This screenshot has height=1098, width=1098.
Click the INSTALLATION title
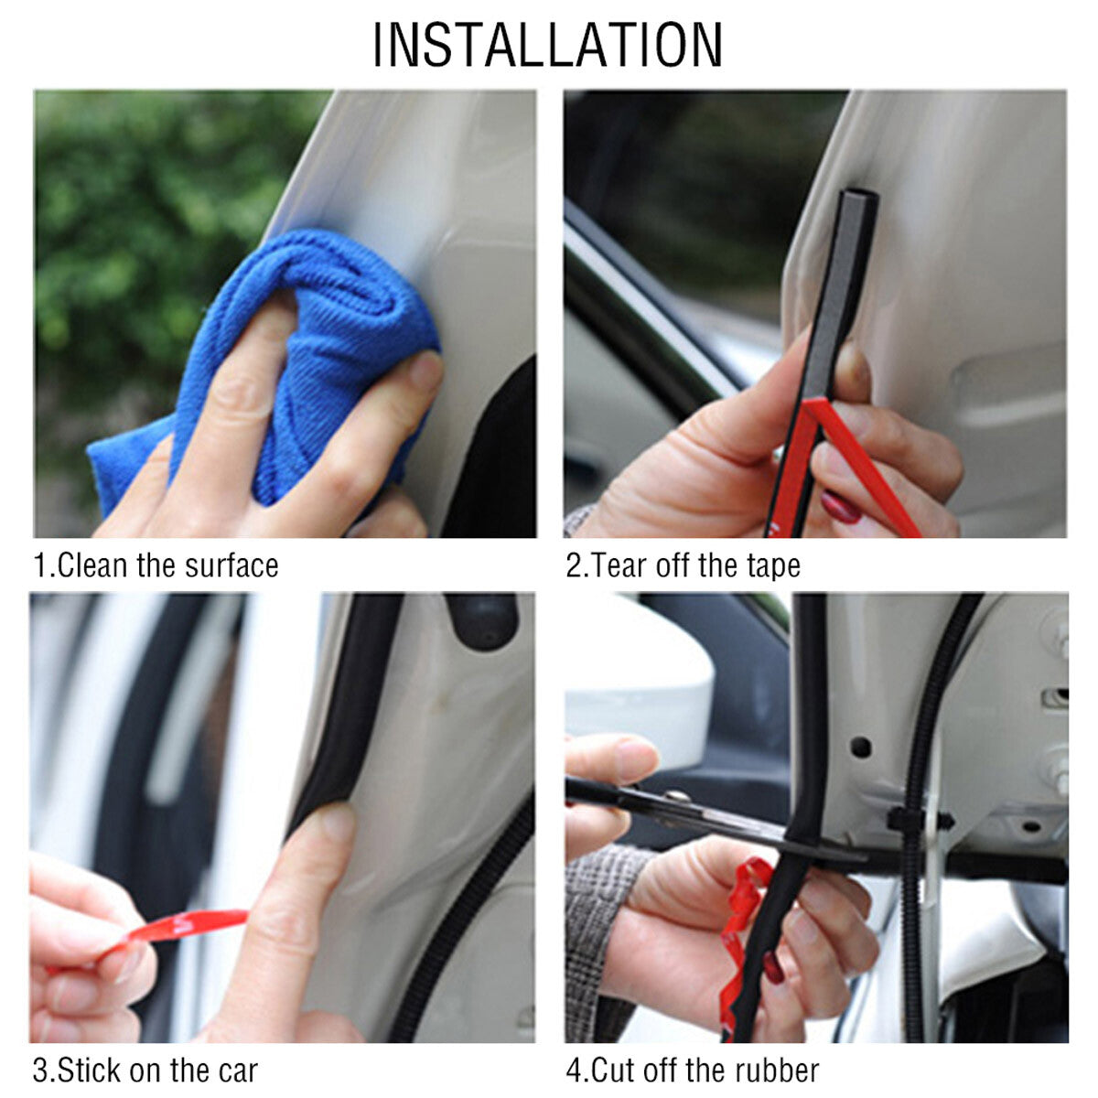click(547, 44)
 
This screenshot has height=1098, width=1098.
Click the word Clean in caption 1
click(92, 565)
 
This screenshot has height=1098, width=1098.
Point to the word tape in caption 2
click(773, 566)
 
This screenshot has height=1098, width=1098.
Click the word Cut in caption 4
click(616, 1070)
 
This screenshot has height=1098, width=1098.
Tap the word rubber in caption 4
click(778, 1070)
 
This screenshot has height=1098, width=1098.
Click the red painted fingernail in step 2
click(840, 506)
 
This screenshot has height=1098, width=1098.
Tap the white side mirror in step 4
click(640, 677)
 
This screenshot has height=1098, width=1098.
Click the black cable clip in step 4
click(915, 817)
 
